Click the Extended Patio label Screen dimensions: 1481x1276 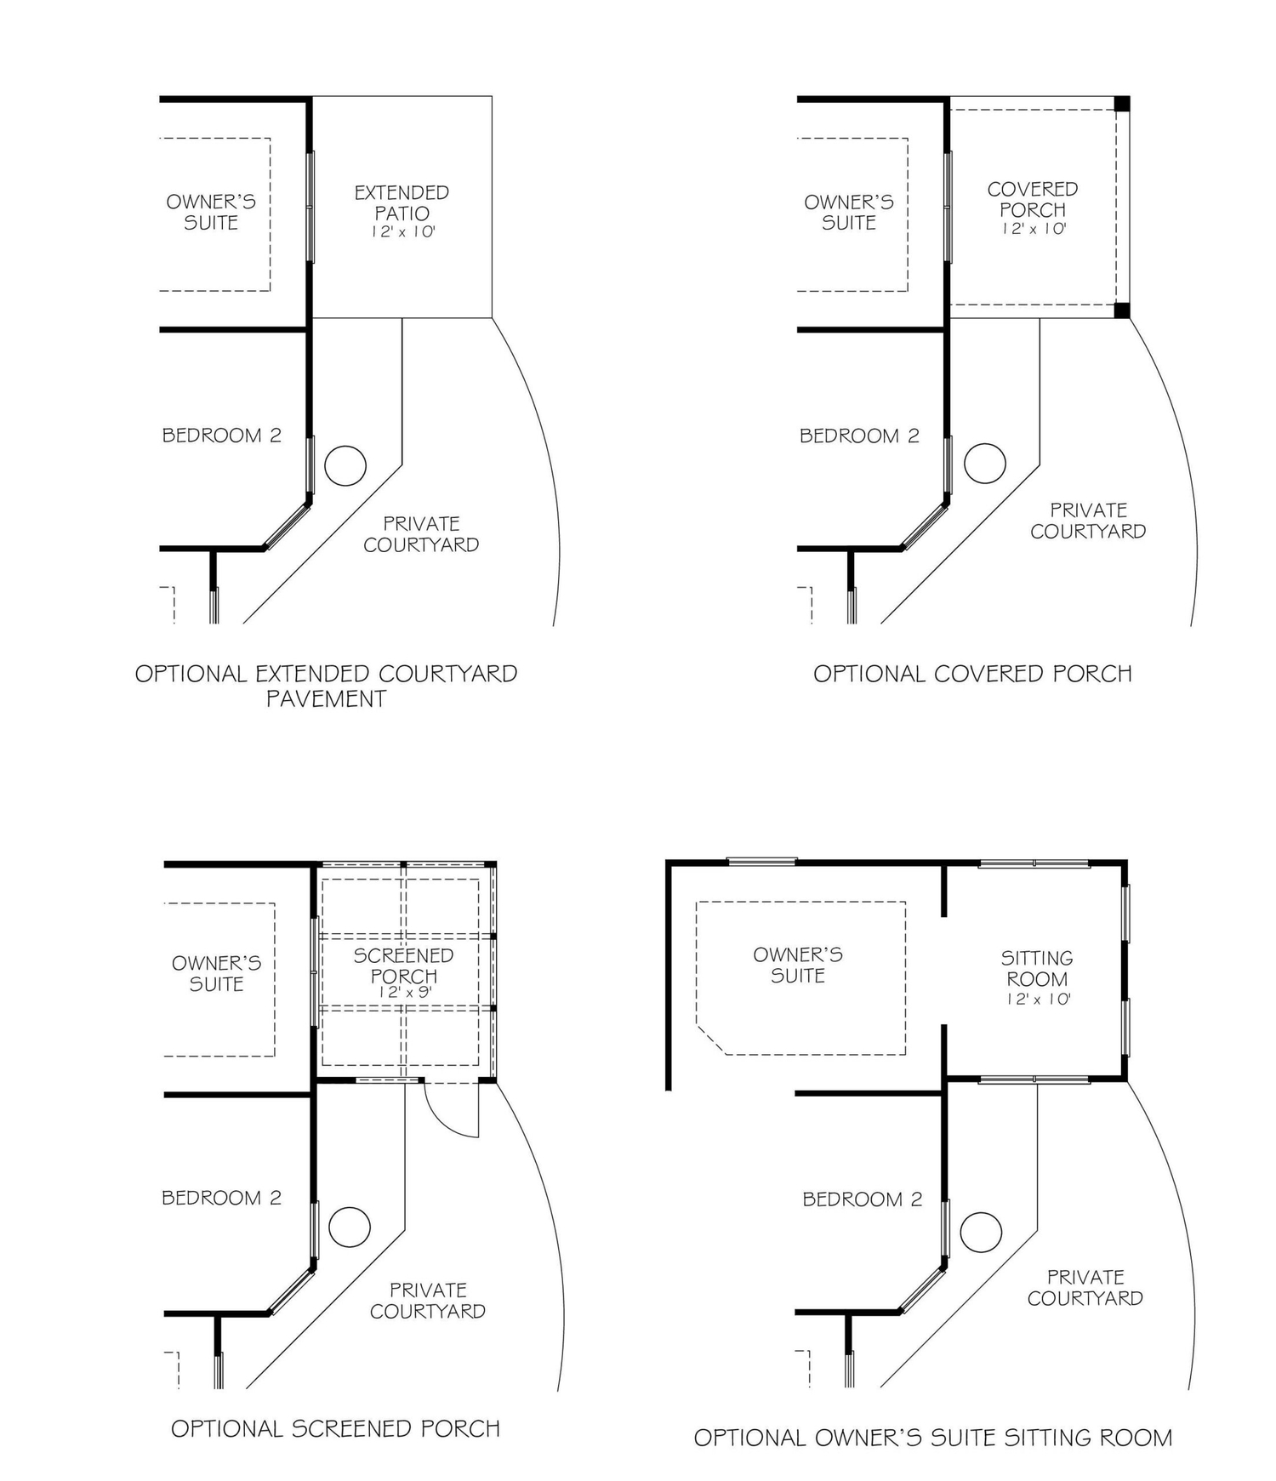tap(402, 202)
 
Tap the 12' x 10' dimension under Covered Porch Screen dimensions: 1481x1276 tap(1034, 229)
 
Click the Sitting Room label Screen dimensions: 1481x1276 tap(1036, 968)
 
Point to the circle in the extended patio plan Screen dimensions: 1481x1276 tap(345, 465)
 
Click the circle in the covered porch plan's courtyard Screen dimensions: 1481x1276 tap(984, 464)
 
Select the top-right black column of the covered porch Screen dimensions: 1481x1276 tap(1122, 104)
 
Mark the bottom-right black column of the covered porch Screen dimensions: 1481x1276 tap(1122, 310)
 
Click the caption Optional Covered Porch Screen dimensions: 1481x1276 tap(972, 674)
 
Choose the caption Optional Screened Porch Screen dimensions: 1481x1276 tap(335, 1428)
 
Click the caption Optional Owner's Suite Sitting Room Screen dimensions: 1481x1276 tap(933, 1438)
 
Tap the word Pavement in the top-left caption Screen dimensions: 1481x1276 tap(326, 699)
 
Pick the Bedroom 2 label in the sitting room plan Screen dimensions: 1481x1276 tap(862, 1199)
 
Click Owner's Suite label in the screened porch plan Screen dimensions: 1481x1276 tap(216, 973)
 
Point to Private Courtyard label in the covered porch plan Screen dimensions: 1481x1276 tap(1088, 521)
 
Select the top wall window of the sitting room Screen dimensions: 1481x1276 tap(1034, 863)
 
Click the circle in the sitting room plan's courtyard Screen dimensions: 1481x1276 tap(981, 1231)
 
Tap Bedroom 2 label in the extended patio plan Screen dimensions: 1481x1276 tap(221, 436)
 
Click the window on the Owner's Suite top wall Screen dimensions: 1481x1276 tap(761, 861)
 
